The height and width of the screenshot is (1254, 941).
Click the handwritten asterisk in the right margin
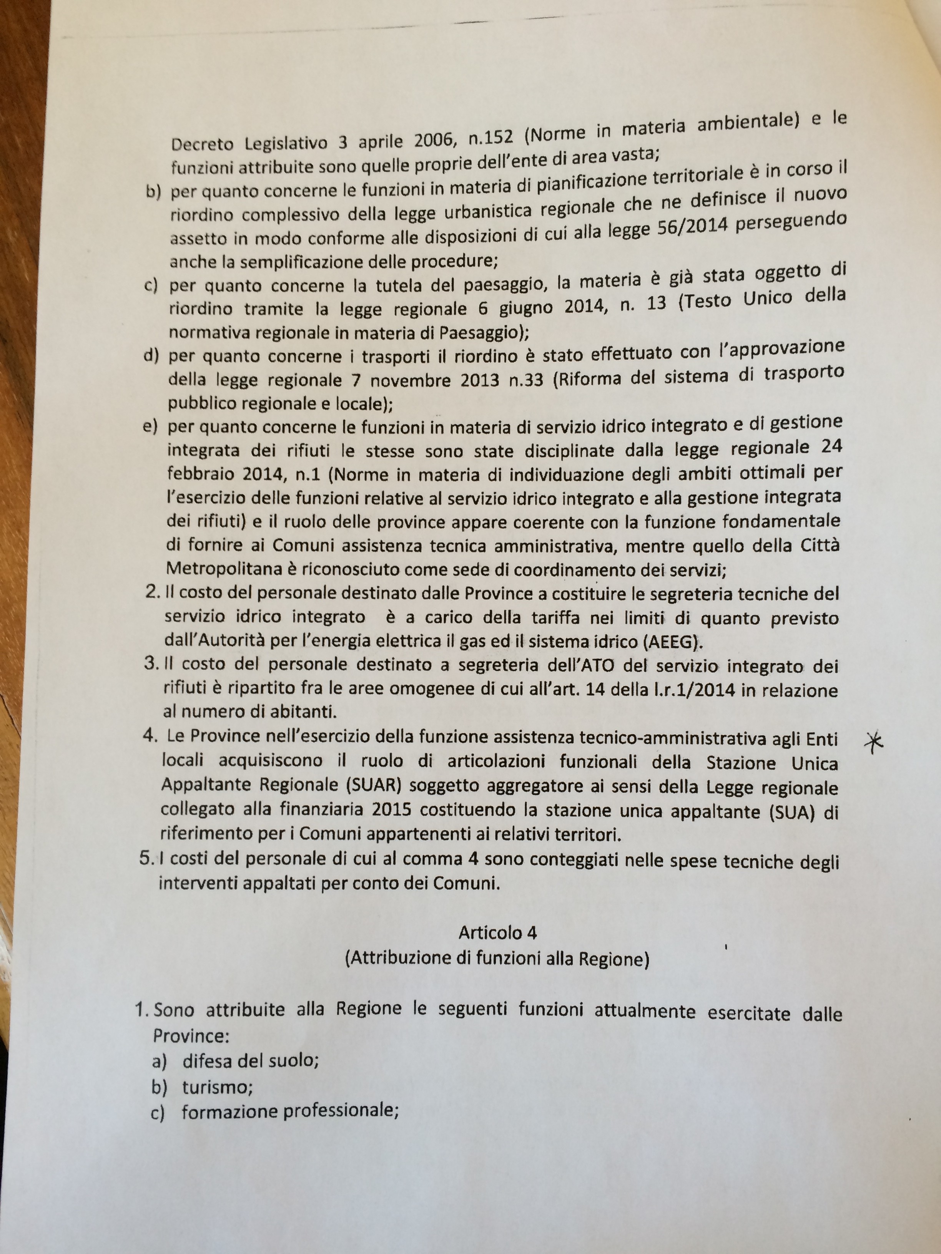coord(877,741)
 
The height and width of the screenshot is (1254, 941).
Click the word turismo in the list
coord(217,1087)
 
